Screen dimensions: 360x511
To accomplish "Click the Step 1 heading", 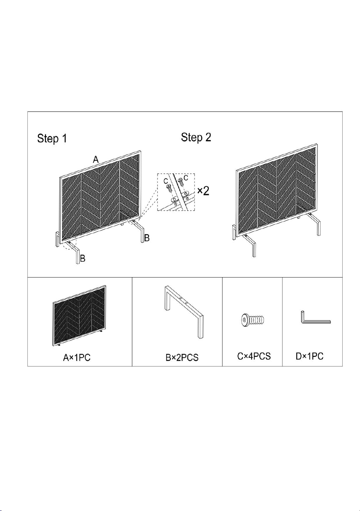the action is (x=52, y=139).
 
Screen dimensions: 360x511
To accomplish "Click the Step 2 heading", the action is (x=196, y=137).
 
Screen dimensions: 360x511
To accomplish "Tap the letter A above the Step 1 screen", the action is (x=96, y=159).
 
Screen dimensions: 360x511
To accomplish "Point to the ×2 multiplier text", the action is (x=203, y=191).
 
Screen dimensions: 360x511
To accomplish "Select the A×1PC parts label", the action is (x=77, y=357).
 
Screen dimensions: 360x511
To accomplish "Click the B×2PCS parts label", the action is (x=182, y=357).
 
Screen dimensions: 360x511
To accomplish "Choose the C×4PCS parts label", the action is (x=254, y=356).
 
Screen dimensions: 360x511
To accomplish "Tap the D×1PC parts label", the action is (x=309, y=356).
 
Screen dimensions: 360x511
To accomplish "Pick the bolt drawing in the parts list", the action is (x=253, y=320).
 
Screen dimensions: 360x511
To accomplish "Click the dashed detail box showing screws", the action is (x=176, y=192).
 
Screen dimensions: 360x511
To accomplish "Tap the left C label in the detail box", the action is (x=166, y=181).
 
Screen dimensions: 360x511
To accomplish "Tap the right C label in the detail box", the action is (x=186, y=178).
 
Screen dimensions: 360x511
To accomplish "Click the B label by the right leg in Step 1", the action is (x=147, y=238).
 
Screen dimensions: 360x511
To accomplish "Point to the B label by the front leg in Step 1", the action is (x=83, y=259).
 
